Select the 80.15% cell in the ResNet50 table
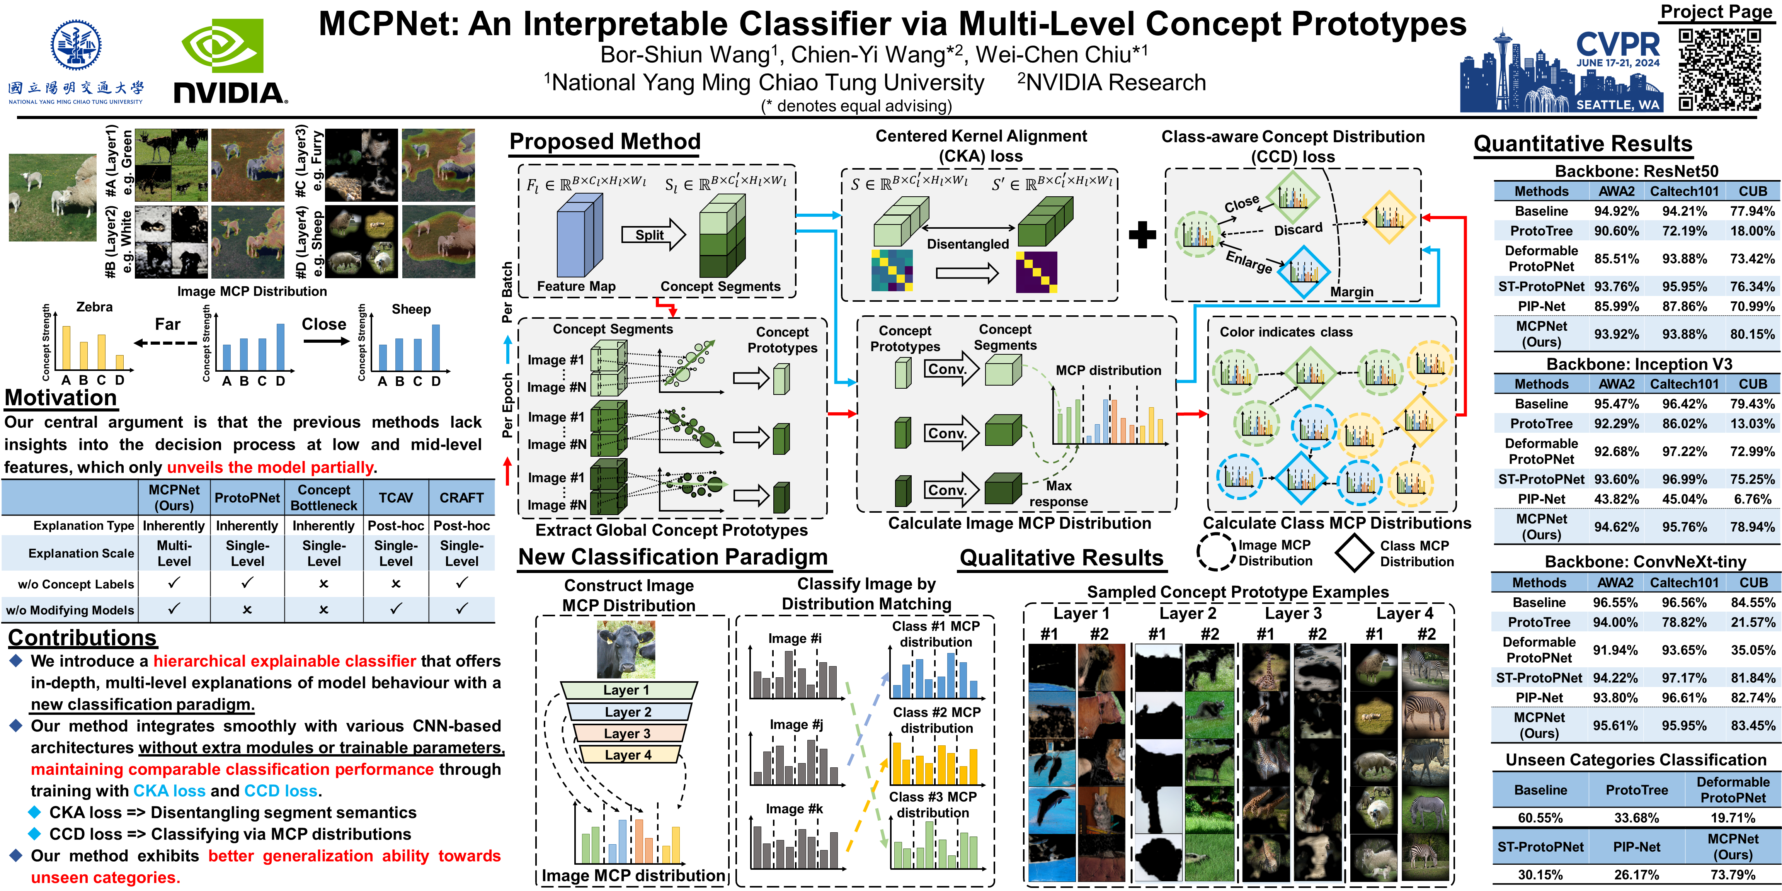tap(1752, 334)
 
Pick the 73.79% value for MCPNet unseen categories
tap(1733, 874)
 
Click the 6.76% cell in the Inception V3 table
tap(1752, 499)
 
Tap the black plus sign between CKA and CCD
tap(1142, 235)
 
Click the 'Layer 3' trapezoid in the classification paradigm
tap(628, 733)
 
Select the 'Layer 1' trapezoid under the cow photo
tap(628, 690)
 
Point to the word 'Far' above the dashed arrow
tap(167, 325)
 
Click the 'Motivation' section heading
tap(61, 398)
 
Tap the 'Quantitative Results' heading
tap(1583, 143)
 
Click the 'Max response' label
tap(1059, 494)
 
